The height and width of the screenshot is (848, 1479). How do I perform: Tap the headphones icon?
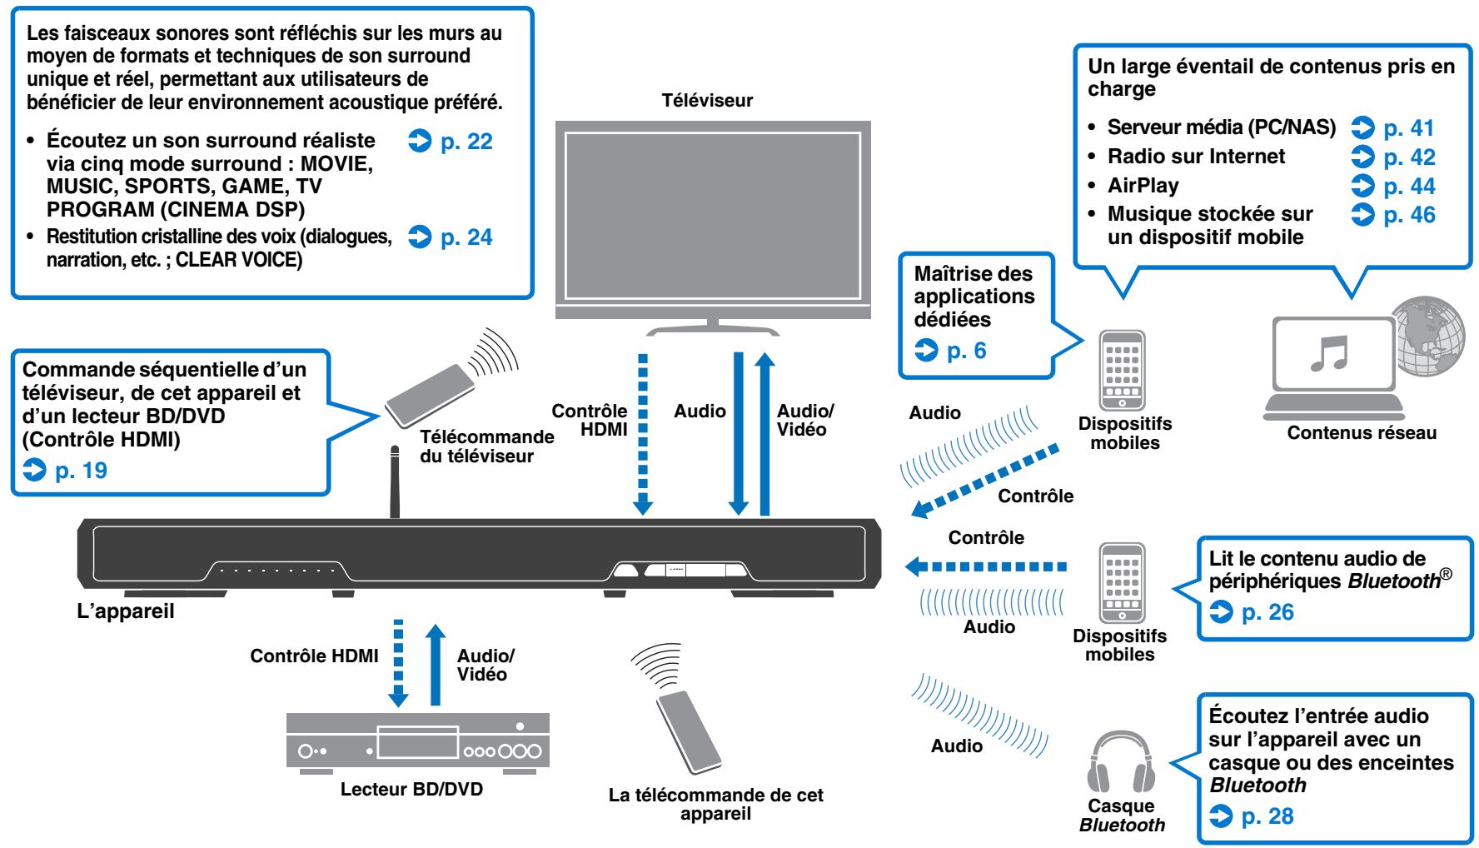tap(1121, 761)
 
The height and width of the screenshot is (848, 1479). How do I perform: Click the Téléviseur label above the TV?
tap(706, 101)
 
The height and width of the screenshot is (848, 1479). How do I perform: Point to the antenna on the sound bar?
tap(395, 483)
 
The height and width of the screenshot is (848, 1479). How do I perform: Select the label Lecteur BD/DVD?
tap(411, 789)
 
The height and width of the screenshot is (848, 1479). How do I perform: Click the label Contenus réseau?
tap(1362, 432)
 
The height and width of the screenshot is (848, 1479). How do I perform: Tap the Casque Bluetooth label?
tap(1122, 816)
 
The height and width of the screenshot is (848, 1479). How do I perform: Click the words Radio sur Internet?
tap(1196, 157)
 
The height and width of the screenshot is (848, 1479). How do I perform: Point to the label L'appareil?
tap(125, 613)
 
